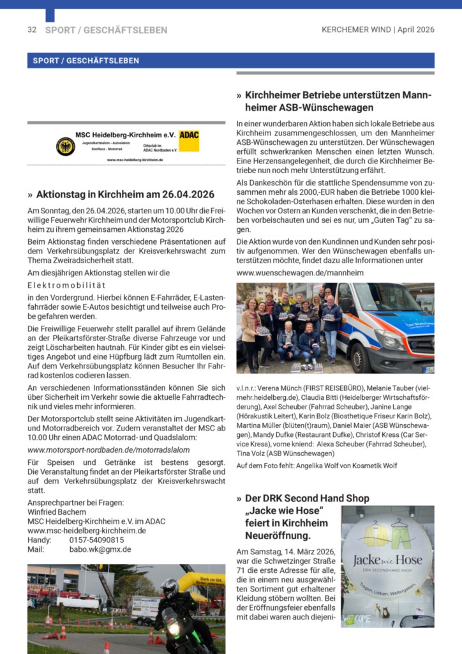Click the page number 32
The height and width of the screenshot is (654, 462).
coord(32,30)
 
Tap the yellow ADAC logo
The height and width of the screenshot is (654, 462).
coord(189,141)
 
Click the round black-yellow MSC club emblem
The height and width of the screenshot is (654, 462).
coord(65,146)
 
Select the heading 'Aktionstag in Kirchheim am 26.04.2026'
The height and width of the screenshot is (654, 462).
coord(125,194)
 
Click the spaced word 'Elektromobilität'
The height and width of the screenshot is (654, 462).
coord(67,285)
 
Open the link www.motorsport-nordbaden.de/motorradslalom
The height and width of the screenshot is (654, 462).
coord(108,450)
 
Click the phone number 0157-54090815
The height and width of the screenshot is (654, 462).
coord(97,540)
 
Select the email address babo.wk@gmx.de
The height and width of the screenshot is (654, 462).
coord(100,549)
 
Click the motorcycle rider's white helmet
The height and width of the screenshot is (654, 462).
coord(169,587)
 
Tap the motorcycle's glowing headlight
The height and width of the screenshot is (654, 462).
coord(173,628)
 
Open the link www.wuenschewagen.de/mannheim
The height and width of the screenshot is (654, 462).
coord(300,273)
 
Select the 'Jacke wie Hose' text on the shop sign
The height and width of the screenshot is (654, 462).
coord(387,561)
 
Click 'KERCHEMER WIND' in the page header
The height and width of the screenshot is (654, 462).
coord(357,30)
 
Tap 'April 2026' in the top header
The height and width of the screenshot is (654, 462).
coord(416,30)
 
